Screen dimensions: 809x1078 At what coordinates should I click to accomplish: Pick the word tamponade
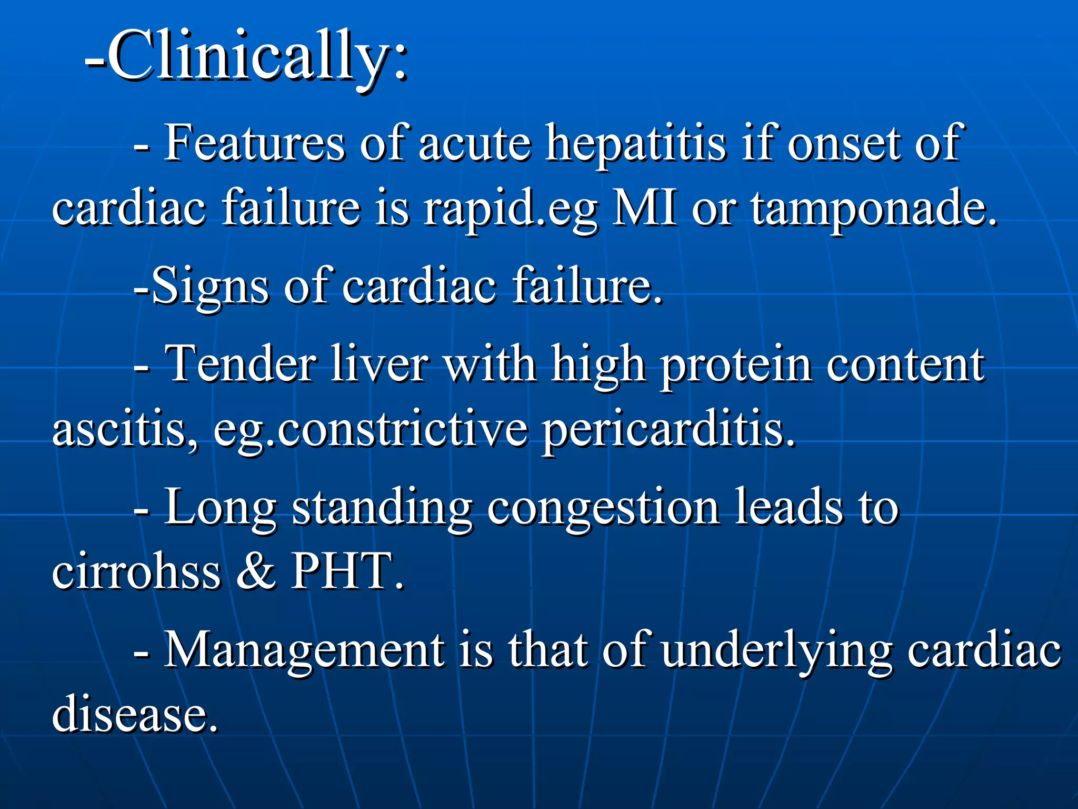(x=874, y=209)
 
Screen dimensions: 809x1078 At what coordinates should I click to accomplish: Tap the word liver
(x=380, y=363)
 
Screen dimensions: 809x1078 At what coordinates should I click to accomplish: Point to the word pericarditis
(x=668, y=430)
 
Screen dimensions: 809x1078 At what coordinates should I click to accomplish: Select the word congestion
(x=603, y=508)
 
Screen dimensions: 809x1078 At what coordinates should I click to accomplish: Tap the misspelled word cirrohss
(x=136, y=571)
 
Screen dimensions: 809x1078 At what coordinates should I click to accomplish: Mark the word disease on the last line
(x=134, y=714)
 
